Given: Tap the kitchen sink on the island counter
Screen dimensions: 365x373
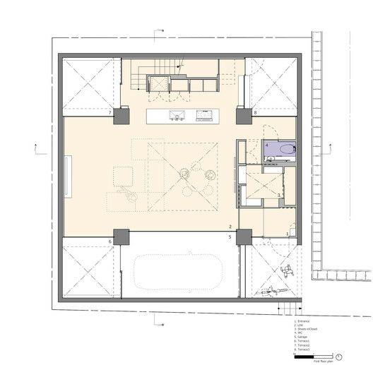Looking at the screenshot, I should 174,116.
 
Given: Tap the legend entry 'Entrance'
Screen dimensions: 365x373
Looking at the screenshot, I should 304,321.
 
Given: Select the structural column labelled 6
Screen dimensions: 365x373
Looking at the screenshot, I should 121,237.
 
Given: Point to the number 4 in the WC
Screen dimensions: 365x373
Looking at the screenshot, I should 267,145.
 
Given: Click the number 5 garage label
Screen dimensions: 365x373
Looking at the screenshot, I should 230,237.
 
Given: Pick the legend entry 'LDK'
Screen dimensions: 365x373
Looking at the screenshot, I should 300,325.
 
